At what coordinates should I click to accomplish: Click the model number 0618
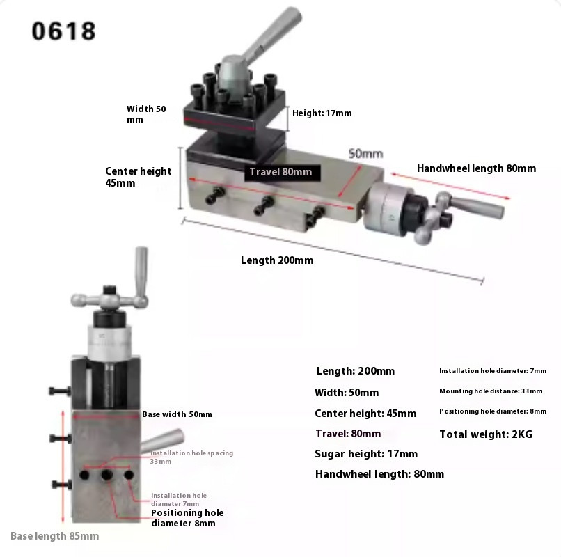tap(64, 31)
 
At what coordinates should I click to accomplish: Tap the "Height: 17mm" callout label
tap(322, 113)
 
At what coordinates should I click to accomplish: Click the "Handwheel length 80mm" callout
tap(476, 168)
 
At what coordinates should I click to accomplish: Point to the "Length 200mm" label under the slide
tap(277, 260)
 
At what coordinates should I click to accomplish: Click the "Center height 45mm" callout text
tap(138, 177)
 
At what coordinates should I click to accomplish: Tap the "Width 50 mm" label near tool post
tap(146, 114)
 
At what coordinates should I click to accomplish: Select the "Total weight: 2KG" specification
tap(486, 434)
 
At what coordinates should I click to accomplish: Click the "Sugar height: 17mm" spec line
tap(366, 454)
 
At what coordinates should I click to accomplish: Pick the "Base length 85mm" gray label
tap(55, 536)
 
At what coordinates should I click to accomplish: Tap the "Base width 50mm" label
tap(177, 414)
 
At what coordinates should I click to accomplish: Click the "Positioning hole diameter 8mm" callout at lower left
tap(187, 518)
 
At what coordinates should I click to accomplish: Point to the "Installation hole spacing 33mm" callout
tap(191, 457)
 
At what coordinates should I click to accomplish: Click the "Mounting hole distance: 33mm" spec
tap(491, 391)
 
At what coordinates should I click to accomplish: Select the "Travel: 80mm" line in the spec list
tap(348, 434)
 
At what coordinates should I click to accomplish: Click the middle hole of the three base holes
tap(107, 476)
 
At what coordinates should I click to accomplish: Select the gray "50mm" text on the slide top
tap(366, 153)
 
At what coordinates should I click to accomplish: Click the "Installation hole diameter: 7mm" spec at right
tap(493, 371)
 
